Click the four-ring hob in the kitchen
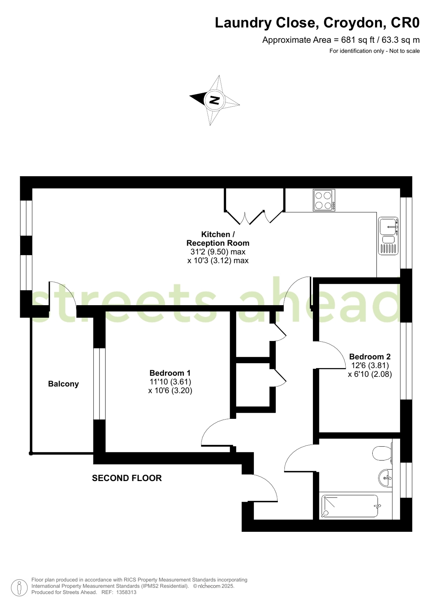click(x=324, y=200)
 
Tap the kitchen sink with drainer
click(x=388, y=236)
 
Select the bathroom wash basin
click(x=385, y=477)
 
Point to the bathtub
click(x=350, y=506)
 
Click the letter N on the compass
click(x=215, y=100)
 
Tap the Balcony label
click(x=63, y=384)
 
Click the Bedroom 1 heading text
click(x=170, y=373)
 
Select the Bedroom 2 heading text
click(x=370, y=356)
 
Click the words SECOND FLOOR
click(x=127, y=478)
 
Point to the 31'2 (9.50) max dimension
click(x=218, y=252)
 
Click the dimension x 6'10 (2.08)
click(x=370, y=374)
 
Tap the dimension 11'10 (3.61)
click(x=170, y=381)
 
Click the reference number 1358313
click(x=126, y=592)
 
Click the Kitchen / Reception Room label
click(x=218, y=238)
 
